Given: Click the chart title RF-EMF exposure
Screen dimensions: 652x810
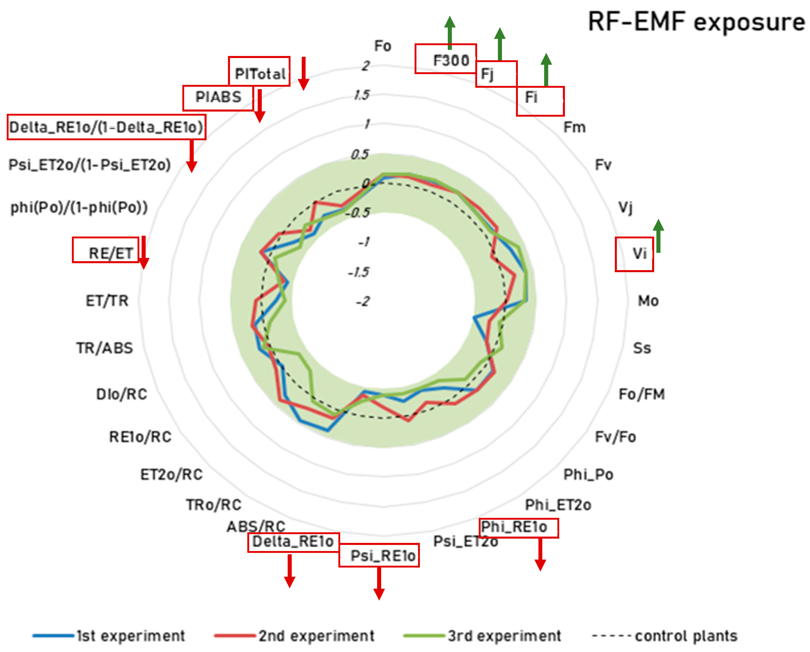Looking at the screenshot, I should pos(696,22).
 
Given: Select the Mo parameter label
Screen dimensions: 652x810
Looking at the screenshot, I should pos(648,301).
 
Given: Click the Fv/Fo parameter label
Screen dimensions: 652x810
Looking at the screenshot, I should pos(615,437).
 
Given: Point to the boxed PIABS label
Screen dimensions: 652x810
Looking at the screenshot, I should pos(218,97).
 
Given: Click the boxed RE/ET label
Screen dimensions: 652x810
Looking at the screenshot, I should pos(110,253).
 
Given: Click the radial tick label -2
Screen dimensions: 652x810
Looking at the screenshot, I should pos(363,301).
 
